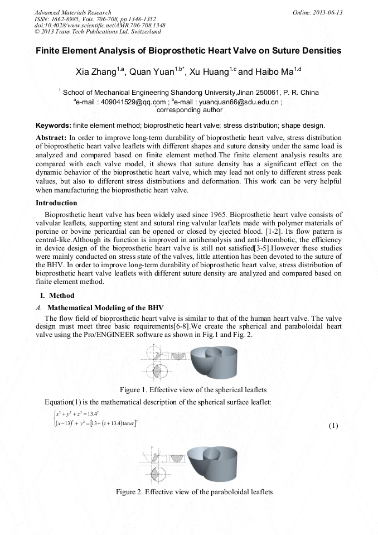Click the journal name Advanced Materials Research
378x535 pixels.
pyautogui.click(x=72, y=12)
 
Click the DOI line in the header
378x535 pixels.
pyautogui.click(x=100, y=25)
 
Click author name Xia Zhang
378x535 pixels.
pyautogui.click(x=96, y=72)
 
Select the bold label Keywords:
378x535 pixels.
pyautogui.click(x=53, y=126)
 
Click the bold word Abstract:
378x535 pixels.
pyautogui.click(x=51, y=137)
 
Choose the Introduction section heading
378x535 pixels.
pyautogui.click(x=56, y=203)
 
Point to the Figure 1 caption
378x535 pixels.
pyautogui.click(x=193, y=389)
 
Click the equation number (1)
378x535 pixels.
pyautogui.click(x=333, y=426)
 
